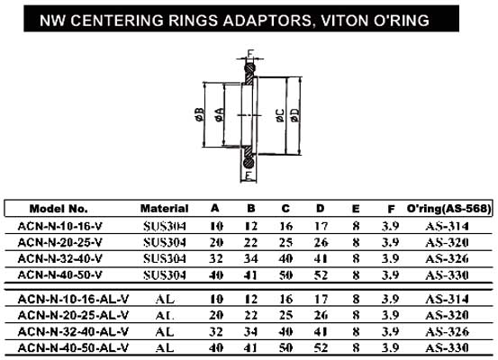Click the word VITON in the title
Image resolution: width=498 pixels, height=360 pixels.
[344, 21]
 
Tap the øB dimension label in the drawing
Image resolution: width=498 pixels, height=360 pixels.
[199, 115]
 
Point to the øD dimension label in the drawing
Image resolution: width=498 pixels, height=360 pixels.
[295, 115]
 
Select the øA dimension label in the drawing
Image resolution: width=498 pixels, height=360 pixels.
[220, 115]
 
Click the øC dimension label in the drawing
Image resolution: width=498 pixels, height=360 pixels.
[280, 115]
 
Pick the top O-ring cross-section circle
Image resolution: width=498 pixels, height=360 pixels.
[250, 67]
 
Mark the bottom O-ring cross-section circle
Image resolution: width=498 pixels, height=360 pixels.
[249, 163]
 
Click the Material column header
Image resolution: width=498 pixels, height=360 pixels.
[164, 208]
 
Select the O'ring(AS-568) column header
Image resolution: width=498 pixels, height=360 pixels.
[448, 208]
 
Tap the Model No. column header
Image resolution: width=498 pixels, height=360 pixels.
[59, 209]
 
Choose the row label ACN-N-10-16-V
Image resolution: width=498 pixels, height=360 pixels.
[60, 226]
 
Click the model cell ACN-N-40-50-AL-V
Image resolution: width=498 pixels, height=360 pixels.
[73, 347]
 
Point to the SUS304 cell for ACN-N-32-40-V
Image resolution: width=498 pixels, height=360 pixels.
[165, 258]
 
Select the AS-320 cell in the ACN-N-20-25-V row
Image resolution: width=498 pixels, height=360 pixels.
[447, 242]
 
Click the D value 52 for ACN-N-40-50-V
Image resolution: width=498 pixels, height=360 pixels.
[321, 274]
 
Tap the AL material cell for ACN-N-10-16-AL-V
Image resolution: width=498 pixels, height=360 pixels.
[165, 299]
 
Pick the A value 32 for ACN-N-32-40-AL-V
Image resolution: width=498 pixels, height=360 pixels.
[215, 331]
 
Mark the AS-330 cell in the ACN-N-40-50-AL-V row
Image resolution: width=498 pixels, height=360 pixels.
[447, 347]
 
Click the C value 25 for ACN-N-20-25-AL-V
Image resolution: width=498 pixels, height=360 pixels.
[285, 315]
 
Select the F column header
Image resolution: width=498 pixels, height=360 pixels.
[391, 209]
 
